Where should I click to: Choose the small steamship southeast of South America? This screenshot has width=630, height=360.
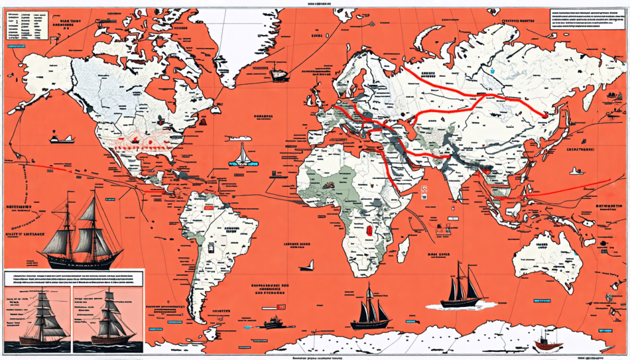click(272, 321)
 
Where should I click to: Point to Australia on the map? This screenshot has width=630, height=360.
click(548, 258)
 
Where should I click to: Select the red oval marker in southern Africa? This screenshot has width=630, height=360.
click(370, 230)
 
